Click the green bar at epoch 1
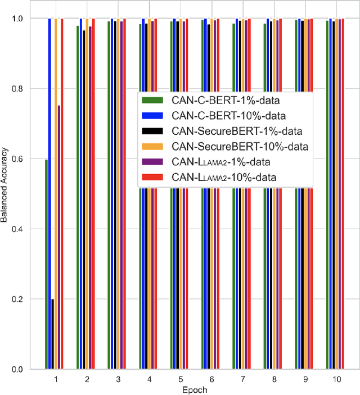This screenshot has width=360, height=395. tap(47, 264)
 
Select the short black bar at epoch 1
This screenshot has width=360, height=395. tap(53, 334)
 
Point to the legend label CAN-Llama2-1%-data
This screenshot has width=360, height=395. tap(215, 162)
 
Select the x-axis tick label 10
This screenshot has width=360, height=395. tap(336, 380)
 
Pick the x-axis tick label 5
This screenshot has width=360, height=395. tap(180, 380)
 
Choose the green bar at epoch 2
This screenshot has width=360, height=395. tap(78, 197)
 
